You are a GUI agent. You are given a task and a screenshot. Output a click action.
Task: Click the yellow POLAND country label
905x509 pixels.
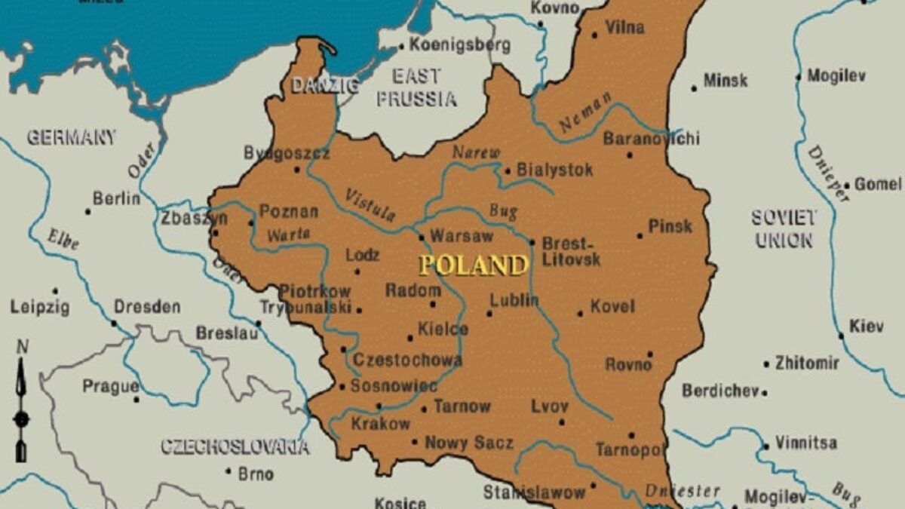(x=473, y=265)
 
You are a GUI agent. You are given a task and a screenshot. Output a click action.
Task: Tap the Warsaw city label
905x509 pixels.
(x=461, y=236)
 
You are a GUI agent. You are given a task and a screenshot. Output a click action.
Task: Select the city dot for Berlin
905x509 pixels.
(x=88, y=212)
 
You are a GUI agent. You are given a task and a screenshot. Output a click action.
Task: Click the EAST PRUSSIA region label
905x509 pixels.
(x=416, y=87)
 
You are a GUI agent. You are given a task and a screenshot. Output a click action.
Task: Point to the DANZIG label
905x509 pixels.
(x=325, y=85)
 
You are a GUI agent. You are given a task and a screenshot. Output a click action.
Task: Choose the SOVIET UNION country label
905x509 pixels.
(x=784, y=229)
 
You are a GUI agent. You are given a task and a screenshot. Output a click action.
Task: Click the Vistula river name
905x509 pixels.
(x=370, y=205)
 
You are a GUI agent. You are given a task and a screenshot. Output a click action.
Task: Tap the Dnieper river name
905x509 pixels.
(x=827, y=173)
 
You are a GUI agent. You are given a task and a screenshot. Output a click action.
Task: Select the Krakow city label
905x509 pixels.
(x=381, y=424)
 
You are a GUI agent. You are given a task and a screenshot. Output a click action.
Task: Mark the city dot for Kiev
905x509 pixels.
(x=841, y=336)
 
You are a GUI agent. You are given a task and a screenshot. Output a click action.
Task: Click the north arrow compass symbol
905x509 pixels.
(x=22, y=400)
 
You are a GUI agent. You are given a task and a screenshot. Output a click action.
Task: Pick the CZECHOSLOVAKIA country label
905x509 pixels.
(x=235, y=447)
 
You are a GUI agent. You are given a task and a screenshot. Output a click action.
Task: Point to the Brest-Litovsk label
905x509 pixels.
(x=571, y=251)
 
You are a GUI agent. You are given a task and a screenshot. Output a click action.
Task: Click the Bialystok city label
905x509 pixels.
(x=554, y=170)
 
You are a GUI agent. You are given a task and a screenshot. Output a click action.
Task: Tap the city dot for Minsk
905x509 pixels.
(x=694, y=89)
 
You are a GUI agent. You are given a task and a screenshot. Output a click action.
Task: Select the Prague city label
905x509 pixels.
(x=110, y=386)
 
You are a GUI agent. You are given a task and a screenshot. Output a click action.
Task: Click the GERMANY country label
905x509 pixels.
(x=72, y=137)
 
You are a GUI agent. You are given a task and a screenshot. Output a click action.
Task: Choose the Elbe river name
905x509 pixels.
(x=63, y=238)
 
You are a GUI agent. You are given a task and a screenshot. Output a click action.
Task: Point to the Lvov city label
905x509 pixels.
(x=549, y=406)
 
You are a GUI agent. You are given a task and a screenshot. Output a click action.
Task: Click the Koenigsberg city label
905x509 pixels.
(x=459, y=44)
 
